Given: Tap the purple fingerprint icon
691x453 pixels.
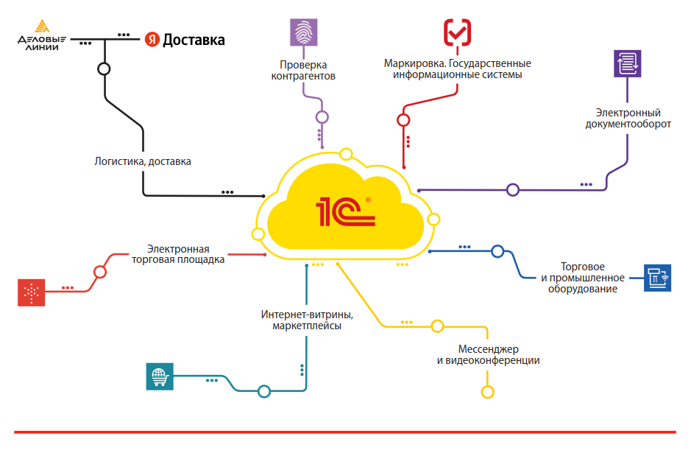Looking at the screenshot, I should (303, 34).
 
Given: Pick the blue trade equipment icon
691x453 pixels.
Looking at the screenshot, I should (657, 277).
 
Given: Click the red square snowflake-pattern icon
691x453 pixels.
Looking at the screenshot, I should (32, 292).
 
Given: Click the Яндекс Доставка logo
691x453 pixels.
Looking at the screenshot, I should (184, 39).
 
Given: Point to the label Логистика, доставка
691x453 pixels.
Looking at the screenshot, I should (143, 161).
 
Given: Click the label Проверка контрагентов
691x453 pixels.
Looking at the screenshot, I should (303, 70).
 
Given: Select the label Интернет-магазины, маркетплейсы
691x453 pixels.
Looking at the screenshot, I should (307, 320).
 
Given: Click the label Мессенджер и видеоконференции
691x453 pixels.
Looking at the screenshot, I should (488, 355).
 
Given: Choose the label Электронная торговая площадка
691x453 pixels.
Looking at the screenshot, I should (178, 254).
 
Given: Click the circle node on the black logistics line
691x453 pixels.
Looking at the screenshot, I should (104, 69).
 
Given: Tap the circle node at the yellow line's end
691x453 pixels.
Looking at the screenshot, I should (486, 392).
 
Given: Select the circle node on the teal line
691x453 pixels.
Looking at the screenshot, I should (263, 391).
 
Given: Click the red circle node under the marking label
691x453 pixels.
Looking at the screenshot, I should (403, 119).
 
